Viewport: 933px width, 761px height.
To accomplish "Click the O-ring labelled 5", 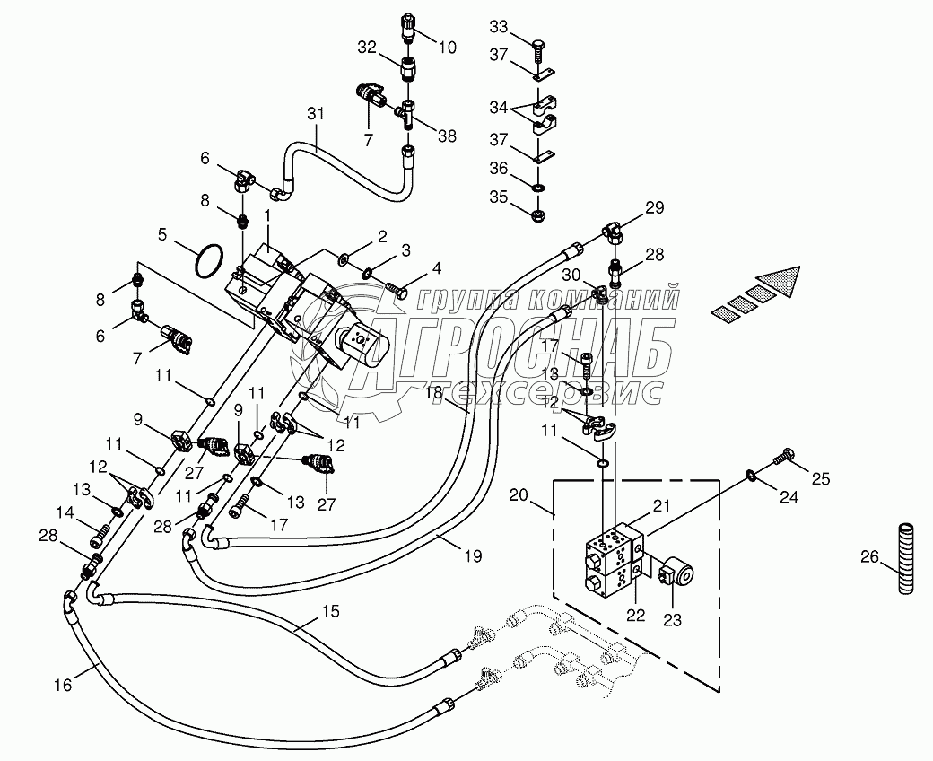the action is click(210, 260).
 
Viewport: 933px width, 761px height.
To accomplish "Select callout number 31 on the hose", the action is click(316, 113).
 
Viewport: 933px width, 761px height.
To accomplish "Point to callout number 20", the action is click(519, 494).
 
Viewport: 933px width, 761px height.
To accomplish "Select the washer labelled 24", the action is click(751, 474).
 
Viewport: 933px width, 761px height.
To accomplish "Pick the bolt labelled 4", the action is click(397, 292).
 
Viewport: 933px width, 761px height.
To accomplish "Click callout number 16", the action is click(63, 685).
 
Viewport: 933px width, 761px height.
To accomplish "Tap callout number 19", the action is click(474, 555).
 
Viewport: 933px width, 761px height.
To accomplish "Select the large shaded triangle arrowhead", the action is click(779, 284).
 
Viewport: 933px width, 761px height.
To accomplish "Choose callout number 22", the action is click(636, 615).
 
